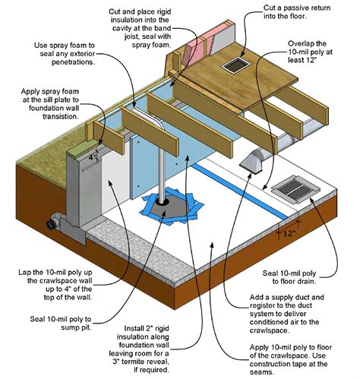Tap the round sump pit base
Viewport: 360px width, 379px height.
coord(163,204)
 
